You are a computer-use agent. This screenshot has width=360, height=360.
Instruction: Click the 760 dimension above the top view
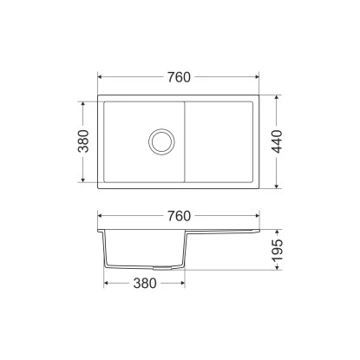point(179,77)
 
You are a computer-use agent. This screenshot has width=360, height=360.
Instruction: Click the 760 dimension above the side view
point(179,216)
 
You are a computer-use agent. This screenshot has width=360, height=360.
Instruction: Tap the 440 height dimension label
point(277,141)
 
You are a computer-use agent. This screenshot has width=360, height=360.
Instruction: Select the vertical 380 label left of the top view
point(83,141)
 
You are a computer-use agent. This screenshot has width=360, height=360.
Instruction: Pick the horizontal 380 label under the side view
point(145,284)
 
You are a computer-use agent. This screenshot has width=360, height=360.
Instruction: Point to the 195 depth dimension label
point(278,250)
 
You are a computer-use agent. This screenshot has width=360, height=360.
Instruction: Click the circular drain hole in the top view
point(161,141)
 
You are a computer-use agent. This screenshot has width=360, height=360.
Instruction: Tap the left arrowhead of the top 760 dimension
point(101,77)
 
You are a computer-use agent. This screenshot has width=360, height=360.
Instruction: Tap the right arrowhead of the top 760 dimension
point(256,77)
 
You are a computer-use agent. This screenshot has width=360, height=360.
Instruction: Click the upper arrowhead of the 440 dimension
point(277,98)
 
